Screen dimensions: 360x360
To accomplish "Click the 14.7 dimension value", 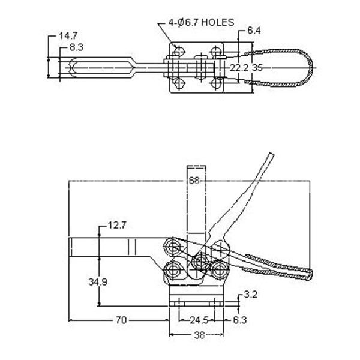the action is click(68, 36).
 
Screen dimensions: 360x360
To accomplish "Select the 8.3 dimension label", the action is click(76, 47).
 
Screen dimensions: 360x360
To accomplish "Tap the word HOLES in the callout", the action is click(218, 22).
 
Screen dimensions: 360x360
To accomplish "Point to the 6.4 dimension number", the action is click(254, 31).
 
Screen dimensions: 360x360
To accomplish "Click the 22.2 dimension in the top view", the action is click(239, 68).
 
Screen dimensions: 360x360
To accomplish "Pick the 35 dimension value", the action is click(257, 68).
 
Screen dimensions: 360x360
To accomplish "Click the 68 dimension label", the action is click(194, 181).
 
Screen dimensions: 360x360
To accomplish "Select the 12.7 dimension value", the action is click(117, 226).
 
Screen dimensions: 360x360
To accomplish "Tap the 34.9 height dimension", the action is click(98, 282).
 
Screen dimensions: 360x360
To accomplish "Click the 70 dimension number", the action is click(121, 320).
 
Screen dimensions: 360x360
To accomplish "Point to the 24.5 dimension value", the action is click(199, 320).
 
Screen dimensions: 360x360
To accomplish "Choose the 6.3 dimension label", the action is click(240, 320).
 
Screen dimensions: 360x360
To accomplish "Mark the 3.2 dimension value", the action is click(251, 295).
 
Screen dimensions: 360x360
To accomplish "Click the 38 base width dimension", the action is click(199, 335).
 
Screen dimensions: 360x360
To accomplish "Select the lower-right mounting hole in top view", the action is click(216, 83).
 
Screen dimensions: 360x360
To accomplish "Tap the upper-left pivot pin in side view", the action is click(172, 247).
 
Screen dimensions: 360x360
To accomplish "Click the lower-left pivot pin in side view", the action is click(172, 271).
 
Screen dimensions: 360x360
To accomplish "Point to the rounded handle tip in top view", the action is click(312, 68).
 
